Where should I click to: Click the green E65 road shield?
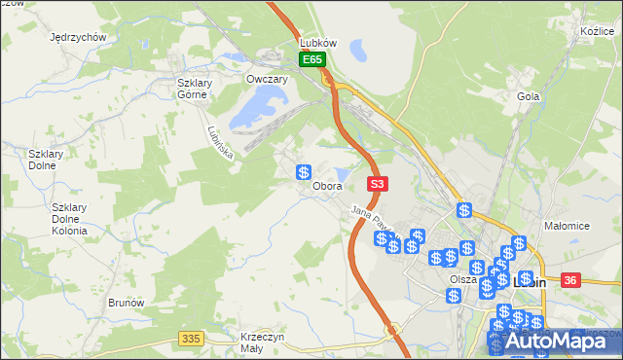311,60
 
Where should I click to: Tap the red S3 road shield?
378,183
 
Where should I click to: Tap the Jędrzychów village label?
77,37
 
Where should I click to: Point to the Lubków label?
318,44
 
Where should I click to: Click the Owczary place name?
267,80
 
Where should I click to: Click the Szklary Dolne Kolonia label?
70,219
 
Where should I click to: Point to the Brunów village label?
127,303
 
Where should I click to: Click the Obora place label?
327,186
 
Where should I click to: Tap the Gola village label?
529,96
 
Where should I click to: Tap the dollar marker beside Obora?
304,172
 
